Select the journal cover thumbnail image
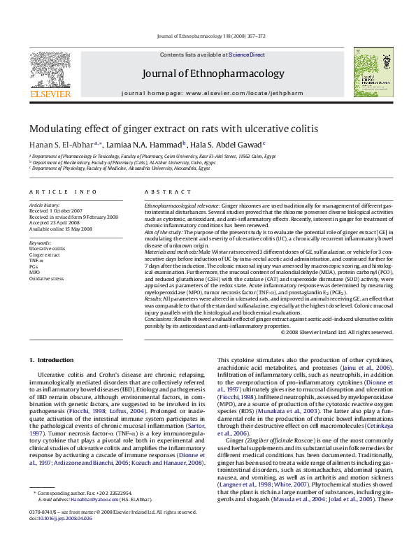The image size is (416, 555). click(371, 72)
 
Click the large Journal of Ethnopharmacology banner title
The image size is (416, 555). click(208, 75)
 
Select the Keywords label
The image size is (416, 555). click(41, 241)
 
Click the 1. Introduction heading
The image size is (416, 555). click(55, 360)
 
